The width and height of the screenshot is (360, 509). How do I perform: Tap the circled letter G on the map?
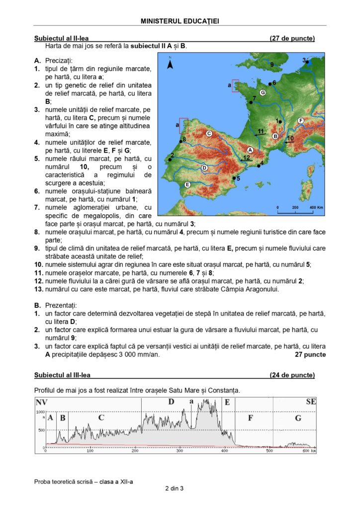263,92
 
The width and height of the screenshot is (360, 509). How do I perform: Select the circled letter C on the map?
209,133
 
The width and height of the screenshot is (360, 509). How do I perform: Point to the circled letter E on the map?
187,185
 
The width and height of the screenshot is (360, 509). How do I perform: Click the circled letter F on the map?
300,121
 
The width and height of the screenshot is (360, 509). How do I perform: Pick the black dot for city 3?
308,62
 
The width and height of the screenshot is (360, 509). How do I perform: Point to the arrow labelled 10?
290,141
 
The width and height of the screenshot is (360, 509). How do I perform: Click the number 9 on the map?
272,65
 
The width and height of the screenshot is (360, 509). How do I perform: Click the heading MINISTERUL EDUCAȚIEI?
180,21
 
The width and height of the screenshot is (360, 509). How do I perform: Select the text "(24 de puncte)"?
292,375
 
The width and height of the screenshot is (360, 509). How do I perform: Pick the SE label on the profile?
311,401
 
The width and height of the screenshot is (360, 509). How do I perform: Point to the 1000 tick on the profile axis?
40,412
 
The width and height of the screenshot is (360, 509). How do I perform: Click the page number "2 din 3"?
175,489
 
